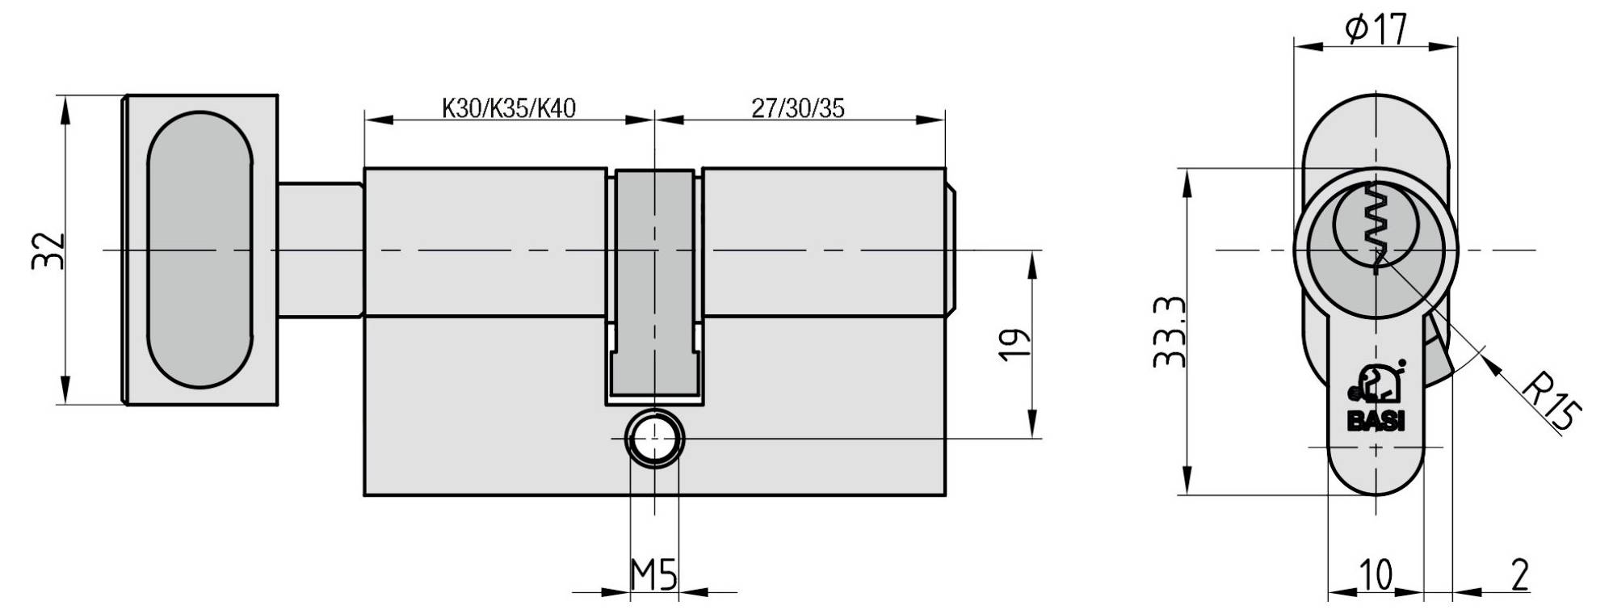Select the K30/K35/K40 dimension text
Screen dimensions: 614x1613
coord(508,107)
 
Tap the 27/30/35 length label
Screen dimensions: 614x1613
coord(797,107)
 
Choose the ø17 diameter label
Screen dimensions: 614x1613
coord(1375,31)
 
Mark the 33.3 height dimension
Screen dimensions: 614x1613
coord(1170,331)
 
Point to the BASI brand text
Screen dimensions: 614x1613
coord(1376,422)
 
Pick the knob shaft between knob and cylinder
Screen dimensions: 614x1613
coord(320,250)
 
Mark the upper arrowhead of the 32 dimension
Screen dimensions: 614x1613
coord(65,110)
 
